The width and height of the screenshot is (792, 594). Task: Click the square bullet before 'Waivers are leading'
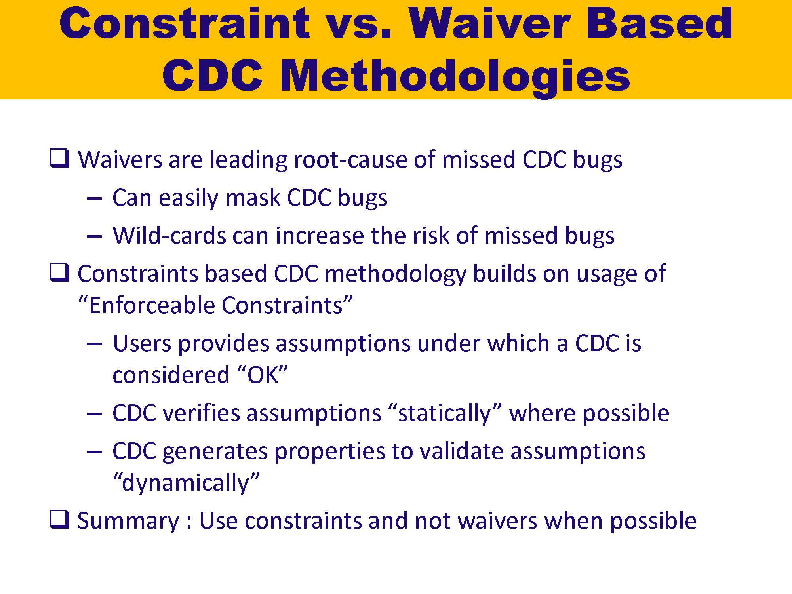click(59, 158)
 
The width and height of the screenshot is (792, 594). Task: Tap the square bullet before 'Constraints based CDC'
click(59, 272)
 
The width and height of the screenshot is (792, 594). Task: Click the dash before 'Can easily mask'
click(94, 198)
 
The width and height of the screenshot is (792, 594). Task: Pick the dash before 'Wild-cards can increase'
click(94, 236)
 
